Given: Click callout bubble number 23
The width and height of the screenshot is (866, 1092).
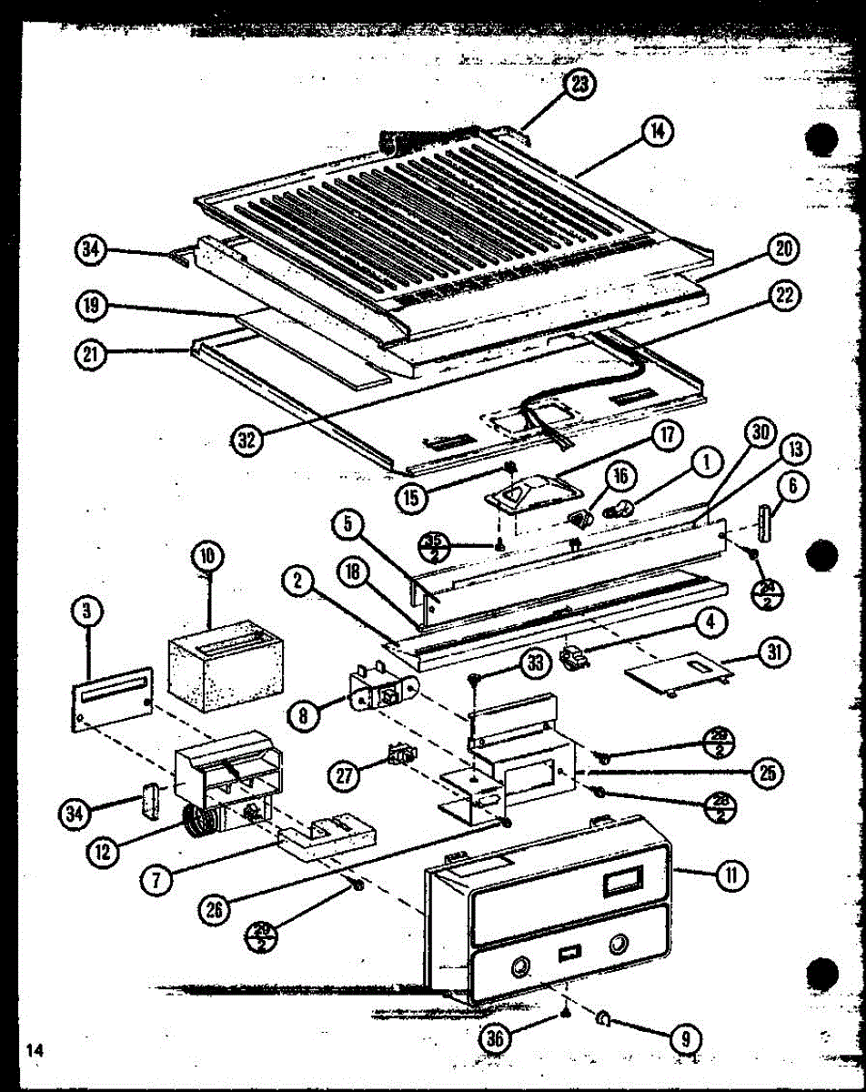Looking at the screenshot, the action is click(x=579, y=85).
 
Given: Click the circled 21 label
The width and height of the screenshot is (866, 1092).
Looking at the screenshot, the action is click(x=89, y=355).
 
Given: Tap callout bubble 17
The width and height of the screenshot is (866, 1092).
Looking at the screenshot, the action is click(x=669, y=436).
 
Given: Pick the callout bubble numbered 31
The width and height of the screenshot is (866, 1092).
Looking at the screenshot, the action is click(x=776, y=652).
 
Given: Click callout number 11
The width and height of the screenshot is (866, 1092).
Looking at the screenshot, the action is click(x=730, y=875).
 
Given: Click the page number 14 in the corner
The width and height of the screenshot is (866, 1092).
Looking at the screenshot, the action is click(x=35, y=1050).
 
